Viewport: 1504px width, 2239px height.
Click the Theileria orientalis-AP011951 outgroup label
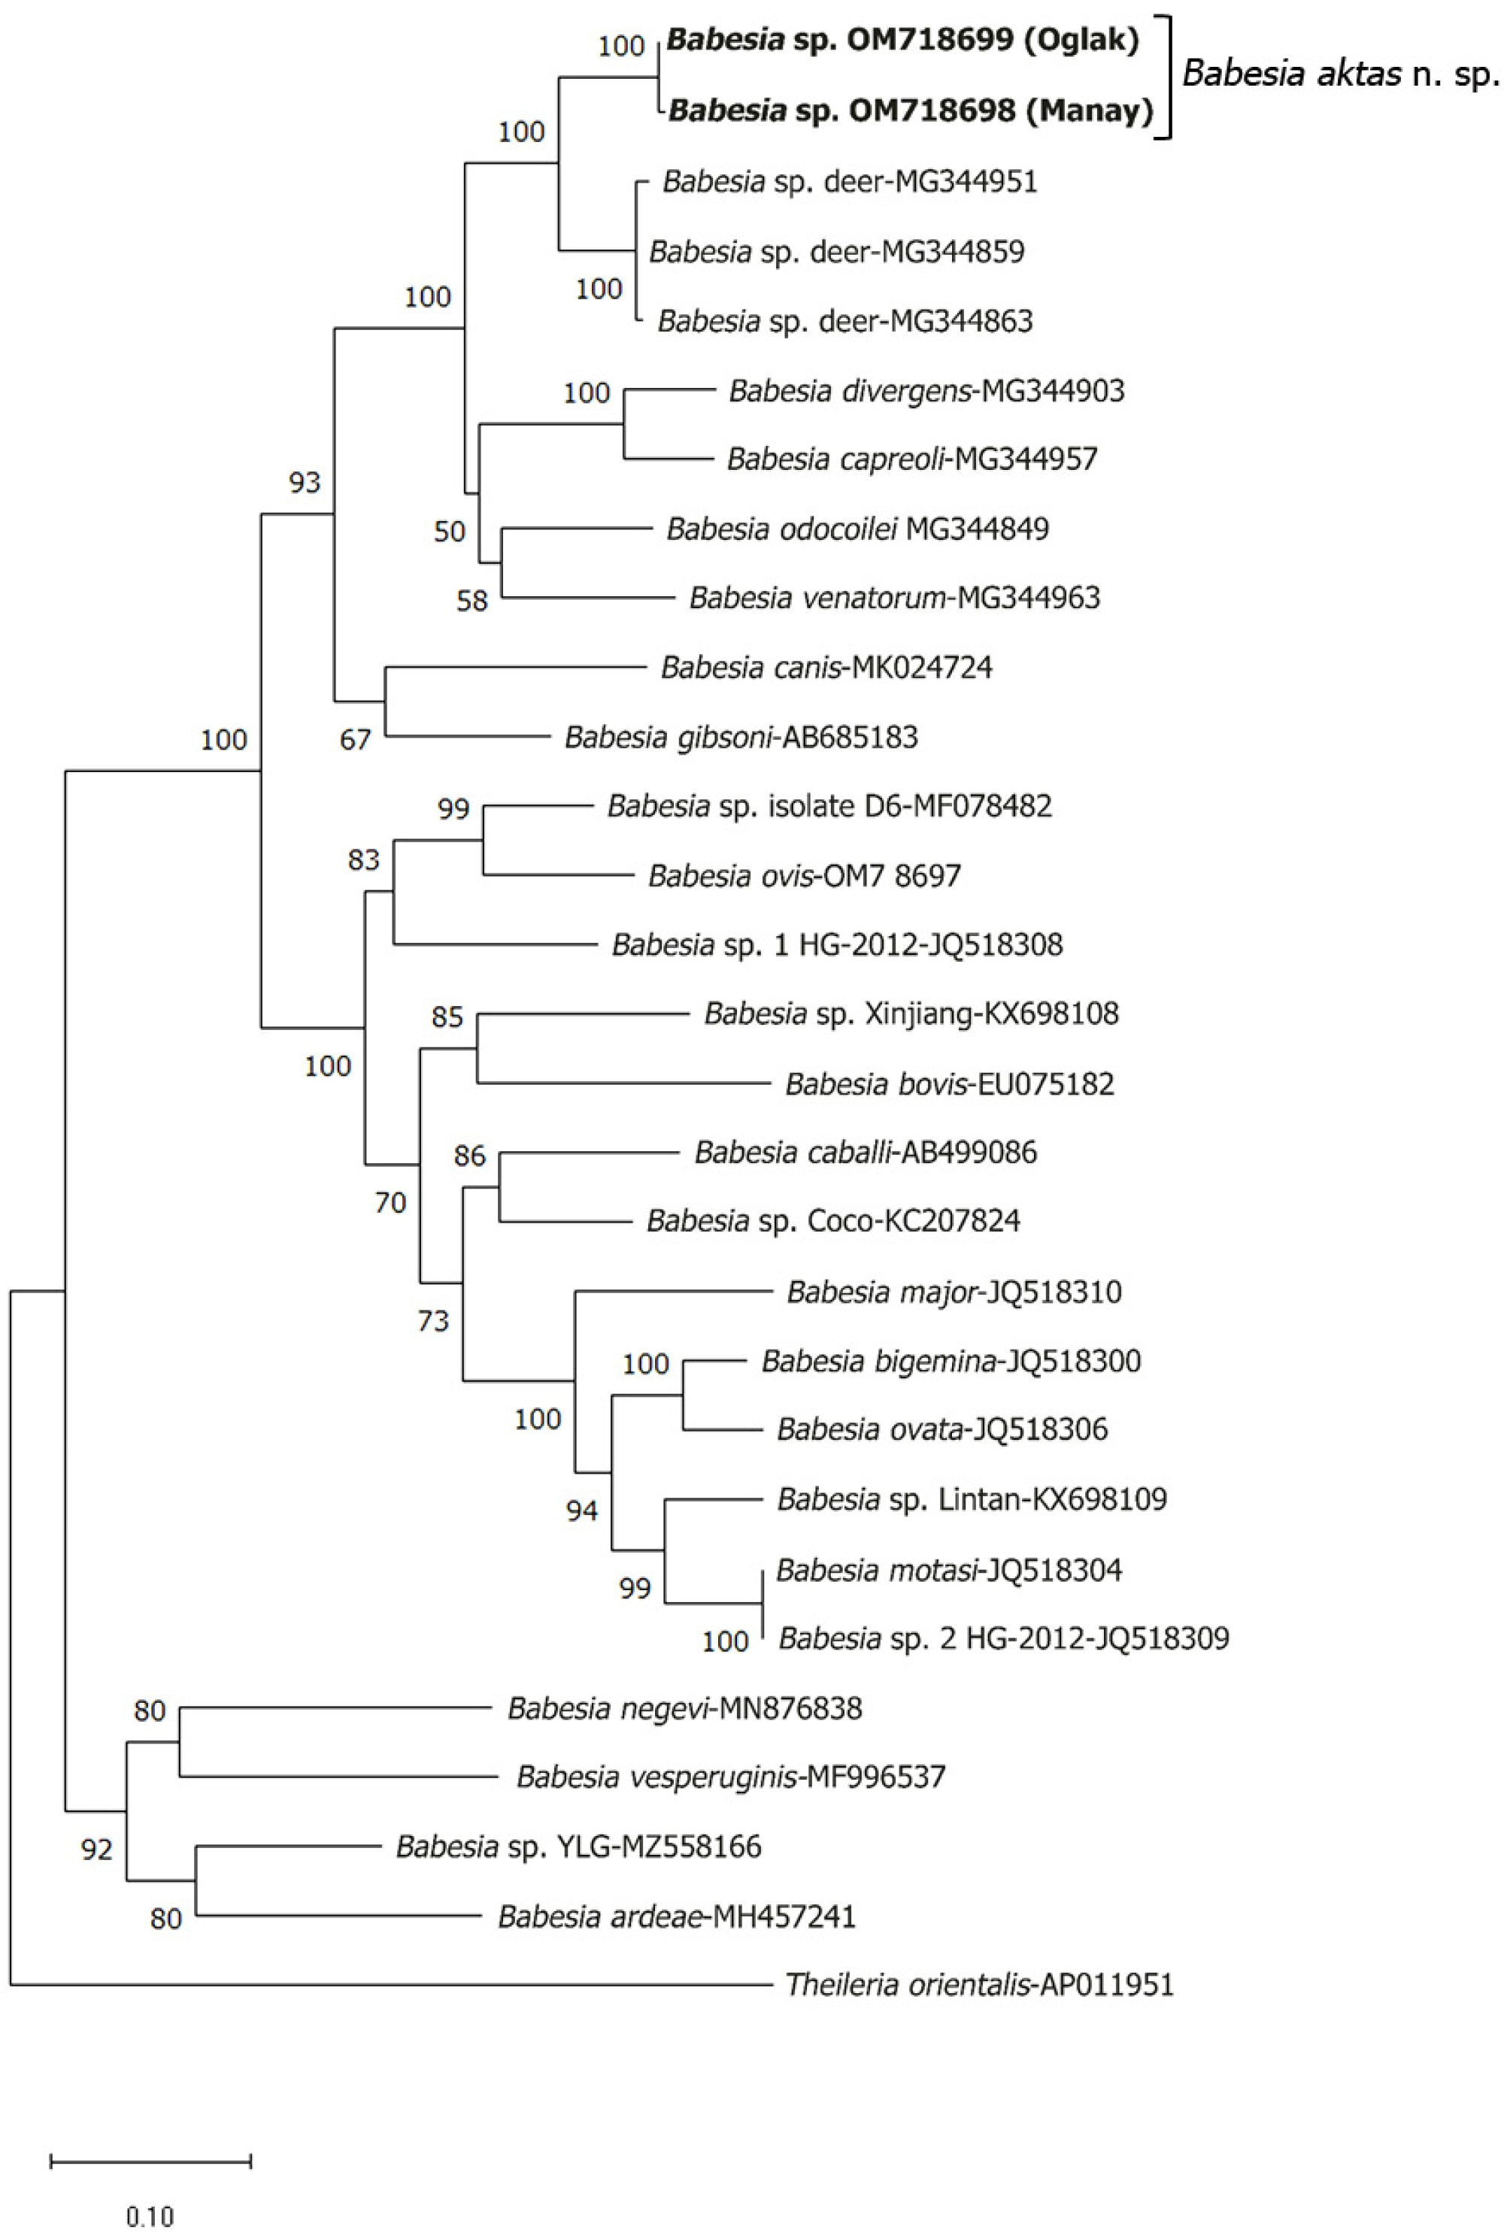coord(979,1984)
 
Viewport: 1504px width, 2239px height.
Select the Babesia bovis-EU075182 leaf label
coord(950,1083)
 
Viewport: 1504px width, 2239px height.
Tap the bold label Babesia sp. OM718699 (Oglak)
coord(902,41)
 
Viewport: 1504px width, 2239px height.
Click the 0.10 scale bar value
coord(150,2190)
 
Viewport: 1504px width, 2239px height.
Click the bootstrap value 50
coord(449,532)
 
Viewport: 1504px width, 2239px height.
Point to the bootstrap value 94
coord(581,1511)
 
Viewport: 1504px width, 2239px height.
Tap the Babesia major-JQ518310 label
coord(954,1292)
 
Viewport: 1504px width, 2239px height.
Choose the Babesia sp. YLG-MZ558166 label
coord(578,1846)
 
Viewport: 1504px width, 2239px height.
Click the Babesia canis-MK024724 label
coord(826,668)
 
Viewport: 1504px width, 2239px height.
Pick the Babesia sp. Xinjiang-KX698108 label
coord(911,1013)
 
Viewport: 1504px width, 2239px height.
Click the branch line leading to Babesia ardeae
coord(335,1916)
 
